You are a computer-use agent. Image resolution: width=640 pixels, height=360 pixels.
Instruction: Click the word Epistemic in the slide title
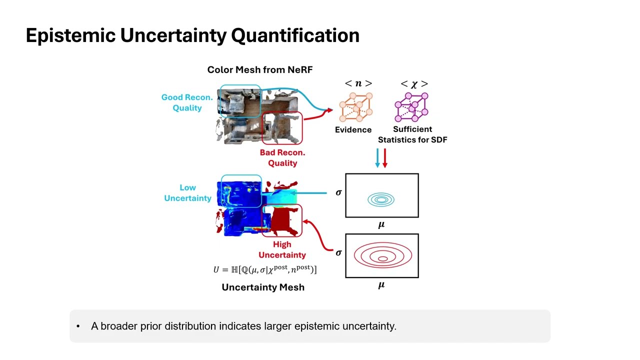tap(70, 35)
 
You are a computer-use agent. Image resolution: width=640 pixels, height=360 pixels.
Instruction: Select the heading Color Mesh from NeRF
tap(259, 69)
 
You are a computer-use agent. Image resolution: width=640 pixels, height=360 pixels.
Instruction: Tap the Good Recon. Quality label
tap(186, 102)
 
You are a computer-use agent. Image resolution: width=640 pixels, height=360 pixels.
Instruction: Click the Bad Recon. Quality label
tap(282, 157)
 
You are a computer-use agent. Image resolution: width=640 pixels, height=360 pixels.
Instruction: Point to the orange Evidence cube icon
tap(355, 107)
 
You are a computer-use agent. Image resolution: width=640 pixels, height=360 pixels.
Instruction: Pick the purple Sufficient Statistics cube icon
tap(411, 107)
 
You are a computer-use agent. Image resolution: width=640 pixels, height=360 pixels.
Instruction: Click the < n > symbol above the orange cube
tap(358, 83)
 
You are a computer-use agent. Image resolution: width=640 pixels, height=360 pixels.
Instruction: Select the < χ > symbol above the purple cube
tap(414, 84)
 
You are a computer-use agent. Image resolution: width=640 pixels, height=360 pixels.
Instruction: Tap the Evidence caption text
tap(353, 129)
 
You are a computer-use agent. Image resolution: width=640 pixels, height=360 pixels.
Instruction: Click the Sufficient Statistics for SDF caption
tap(412, 134)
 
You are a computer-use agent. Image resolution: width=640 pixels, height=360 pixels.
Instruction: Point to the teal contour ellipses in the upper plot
tap(381, 200)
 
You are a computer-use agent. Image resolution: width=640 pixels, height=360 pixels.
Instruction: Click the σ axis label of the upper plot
tap(338, 192)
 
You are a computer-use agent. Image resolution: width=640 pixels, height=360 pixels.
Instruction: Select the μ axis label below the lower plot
tap(381, 285)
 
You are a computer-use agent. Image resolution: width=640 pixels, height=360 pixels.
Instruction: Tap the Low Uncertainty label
tap(187, 193)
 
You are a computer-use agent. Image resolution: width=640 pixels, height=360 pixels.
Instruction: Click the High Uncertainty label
tap(282, 249)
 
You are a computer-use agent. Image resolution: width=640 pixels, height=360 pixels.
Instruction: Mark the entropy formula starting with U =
tap(264, 269)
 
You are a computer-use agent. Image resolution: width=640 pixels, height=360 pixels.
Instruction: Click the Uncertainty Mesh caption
tap(263, 287)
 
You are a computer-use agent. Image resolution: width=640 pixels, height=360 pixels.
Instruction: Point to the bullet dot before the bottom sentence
tap(78, 326)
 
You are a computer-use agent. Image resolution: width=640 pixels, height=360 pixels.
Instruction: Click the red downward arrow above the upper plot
tap(384, 158)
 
